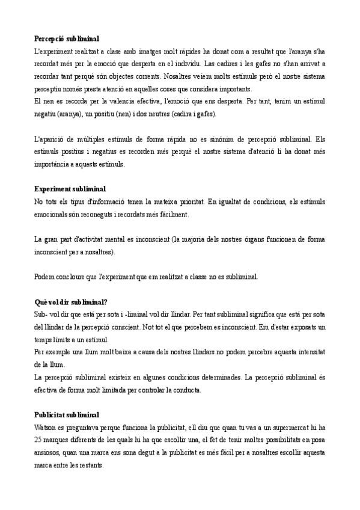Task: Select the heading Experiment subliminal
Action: pyautogui.click(x=70, y=189)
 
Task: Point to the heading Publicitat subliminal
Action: pyautogui.click(x=67, y=415)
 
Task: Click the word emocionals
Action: pyautogui.click(x=54, y=214)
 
